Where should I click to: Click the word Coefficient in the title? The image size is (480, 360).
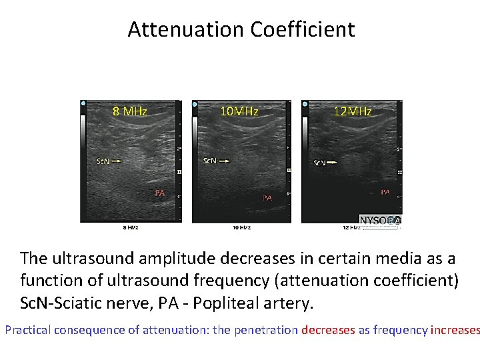(x=303, y=30)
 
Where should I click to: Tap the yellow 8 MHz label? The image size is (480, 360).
(x=130, y=111)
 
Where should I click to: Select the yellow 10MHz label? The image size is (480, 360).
(x=239, y=111)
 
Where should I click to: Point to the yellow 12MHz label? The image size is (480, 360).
(x=353, y=111)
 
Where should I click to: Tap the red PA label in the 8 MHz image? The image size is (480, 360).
(x=160, y=193)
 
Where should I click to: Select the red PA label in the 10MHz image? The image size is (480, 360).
(x=267, y=198)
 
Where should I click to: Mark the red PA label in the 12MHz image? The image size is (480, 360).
(x=385, y=192)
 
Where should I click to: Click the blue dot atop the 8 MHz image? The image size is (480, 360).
(x=83, y=104)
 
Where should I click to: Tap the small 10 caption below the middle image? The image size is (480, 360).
(x=241, y=228)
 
